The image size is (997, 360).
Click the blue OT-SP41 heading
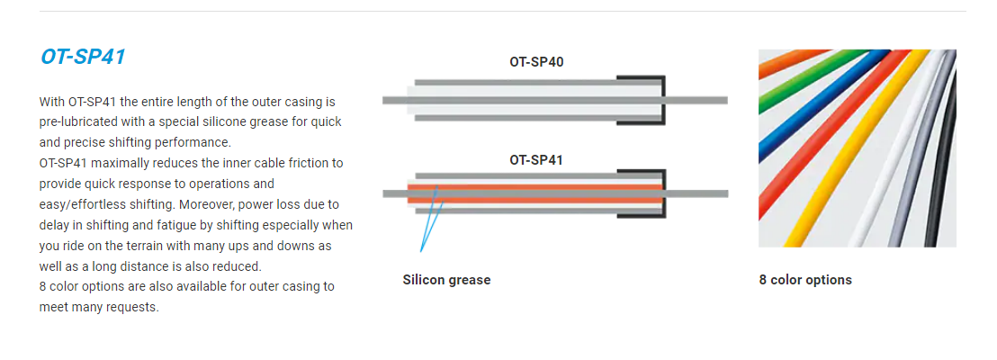pos(83,58)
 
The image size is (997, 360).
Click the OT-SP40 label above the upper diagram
pos(536,62)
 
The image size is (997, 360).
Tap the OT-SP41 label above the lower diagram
pos(536,159)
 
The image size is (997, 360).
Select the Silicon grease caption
pos(446,280)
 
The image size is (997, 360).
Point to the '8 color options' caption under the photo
pos(805,280)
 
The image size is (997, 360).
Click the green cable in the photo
pos(801,83)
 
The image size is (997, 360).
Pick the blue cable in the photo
pos(821,102)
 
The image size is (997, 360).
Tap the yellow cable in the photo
pos(858,153)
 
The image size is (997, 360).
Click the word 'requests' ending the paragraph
pos(132,307)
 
